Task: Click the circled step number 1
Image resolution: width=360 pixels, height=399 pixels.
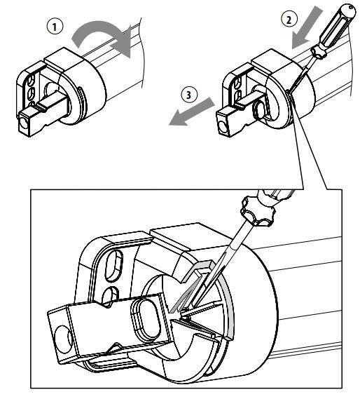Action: pyautogui.click(x=55, y=27)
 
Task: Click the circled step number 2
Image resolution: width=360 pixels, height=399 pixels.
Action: pyautogui.click(x=289, y=19)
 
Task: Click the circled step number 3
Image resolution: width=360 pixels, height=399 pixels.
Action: pyautogui.click(x=188, y=95)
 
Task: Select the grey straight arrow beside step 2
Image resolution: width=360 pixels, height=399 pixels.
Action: pyautogui.click(x=306, y=27)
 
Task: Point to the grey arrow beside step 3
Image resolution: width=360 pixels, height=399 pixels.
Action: pyautogui.click(x=191, y=112)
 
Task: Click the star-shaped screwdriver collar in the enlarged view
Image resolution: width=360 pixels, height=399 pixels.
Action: pyautogui.click(x=258, y=211)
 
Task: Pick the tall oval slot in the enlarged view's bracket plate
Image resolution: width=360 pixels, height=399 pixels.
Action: pyautogui.click(x=114, y=265)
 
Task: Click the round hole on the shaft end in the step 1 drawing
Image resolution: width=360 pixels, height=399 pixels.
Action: pyautogui.click(x=23, y=124)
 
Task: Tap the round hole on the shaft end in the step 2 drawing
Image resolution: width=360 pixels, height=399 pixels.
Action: pyautogui.click(x=223, y=126)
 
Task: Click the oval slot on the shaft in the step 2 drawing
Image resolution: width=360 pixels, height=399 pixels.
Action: pyautogui.click(x=259, y=109)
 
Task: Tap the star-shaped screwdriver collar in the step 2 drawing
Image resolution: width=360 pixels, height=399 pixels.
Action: pyautogui.click(x=319, y=52)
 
